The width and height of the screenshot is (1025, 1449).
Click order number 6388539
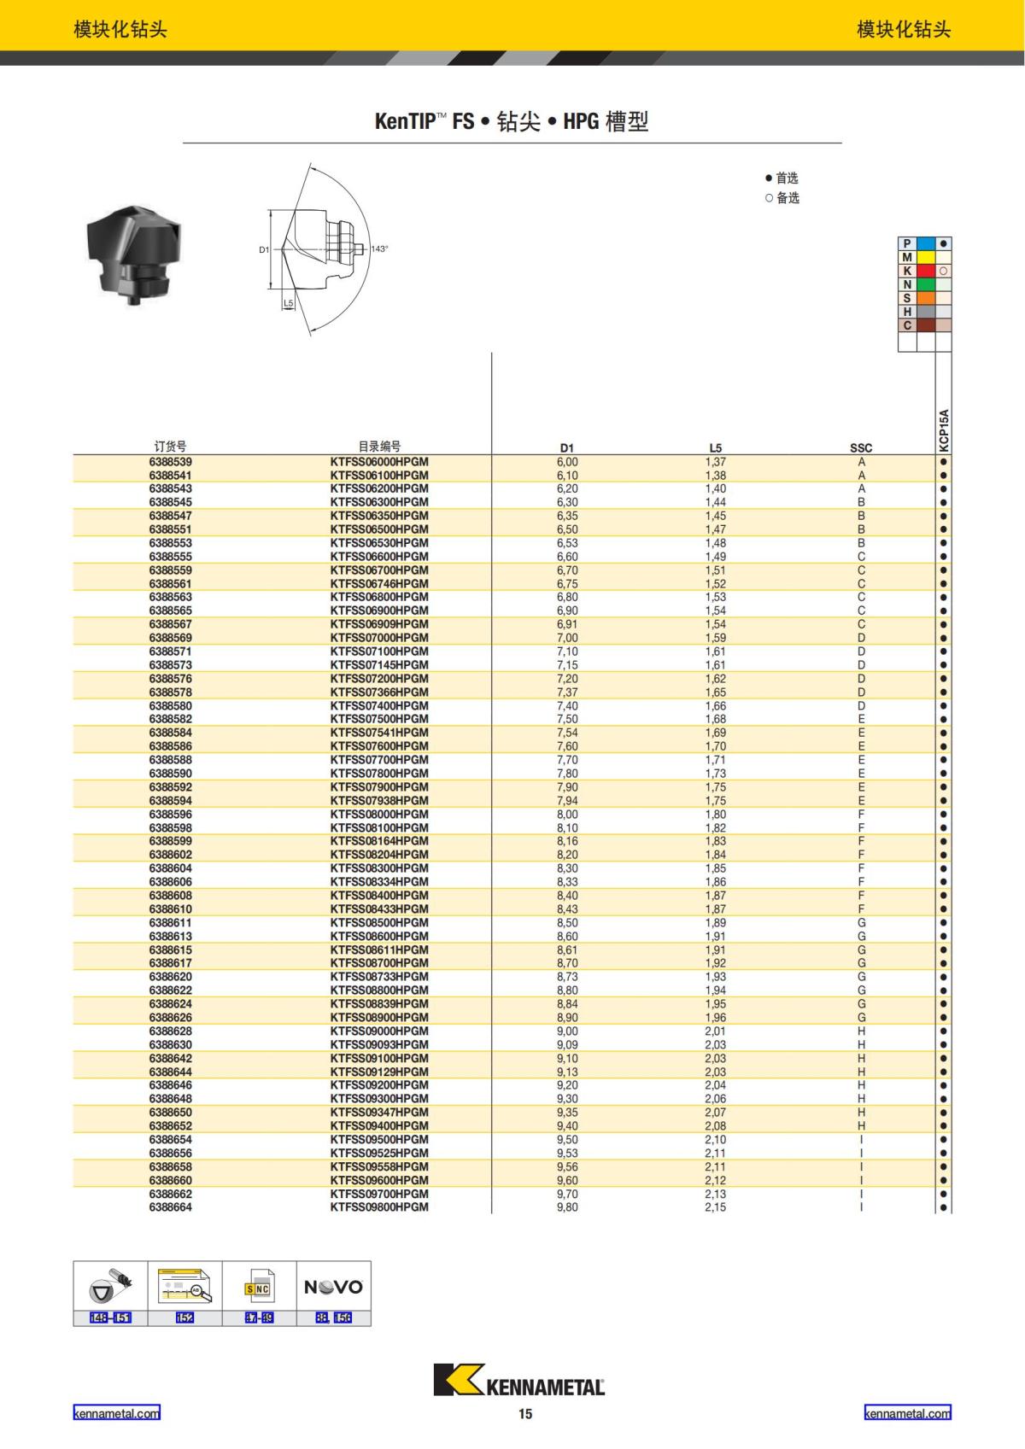[170, 462]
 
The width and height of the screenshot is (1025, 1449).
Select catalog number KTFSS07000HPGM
[379, 638]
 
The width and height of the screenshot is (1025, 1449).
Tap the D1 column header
[567, 447]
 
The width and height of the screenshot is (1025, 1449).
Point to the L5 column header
[716, 447]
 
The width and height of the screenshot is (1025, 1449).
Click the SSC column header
[861, 447]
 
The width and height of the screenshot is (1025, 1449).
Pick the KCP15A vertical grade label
[944, 429]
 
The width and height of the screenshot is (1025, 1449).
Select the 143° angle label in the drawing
[379, 249]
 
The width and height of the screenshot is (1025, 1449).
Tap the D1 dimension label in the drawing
[264, 249]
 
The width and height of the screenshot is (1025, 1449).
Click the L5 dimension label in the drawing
[288, 303]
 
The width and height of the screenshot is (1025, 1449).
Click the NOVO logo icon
[334, 1287]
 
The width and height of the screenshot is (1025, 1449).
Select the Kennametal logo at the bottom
[518, 1380]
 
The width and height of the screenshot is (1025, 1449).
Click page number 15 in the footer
[525, 1414]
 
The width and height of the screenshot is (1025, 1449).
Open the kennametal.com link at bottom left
[116, 1413]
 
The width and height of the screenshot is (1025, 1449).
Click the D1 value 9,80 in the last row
[567, 1207]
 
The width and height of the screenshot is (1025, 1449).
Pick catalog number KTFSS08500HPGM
[379, 923]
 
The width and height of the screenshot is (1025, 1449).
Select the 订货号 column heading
[170, 446]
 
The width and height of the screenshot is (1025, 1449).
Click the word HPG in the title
[581, 121]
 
